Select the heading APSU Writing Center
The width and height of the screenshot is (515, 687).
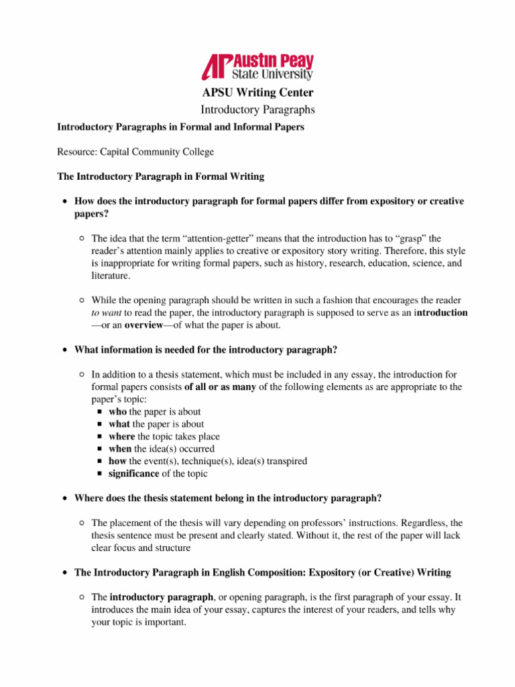click(257, 93)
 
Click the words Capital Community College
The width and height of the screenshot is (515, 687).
click(158, 152)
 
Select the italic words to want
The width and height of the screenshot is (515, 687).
click(106, 313)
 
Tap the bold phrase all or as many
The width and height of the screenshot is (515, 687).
click(221, 387)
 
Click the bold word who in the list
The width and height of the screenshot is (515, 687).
click(117, 412)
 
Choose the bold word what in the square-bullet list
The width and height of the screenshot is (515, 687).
click(119, 424)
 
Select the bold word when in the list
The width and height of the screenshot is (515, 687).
click(120, 449)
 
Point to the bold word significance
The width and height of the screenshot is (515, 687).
click(134, 474)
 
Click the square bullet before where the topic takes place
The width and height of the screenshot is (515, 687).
click(99, 437)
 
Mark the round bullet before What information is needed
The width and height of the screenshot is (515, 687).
click(64, 350)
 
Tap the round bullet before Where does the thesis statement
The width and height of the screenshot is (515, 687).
click(64, 498)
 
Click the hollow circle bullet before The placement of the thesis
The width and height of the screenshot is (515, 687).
click(81, 523)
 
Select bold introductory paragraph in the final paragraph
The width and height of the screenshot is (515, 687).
click(161, 598)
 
